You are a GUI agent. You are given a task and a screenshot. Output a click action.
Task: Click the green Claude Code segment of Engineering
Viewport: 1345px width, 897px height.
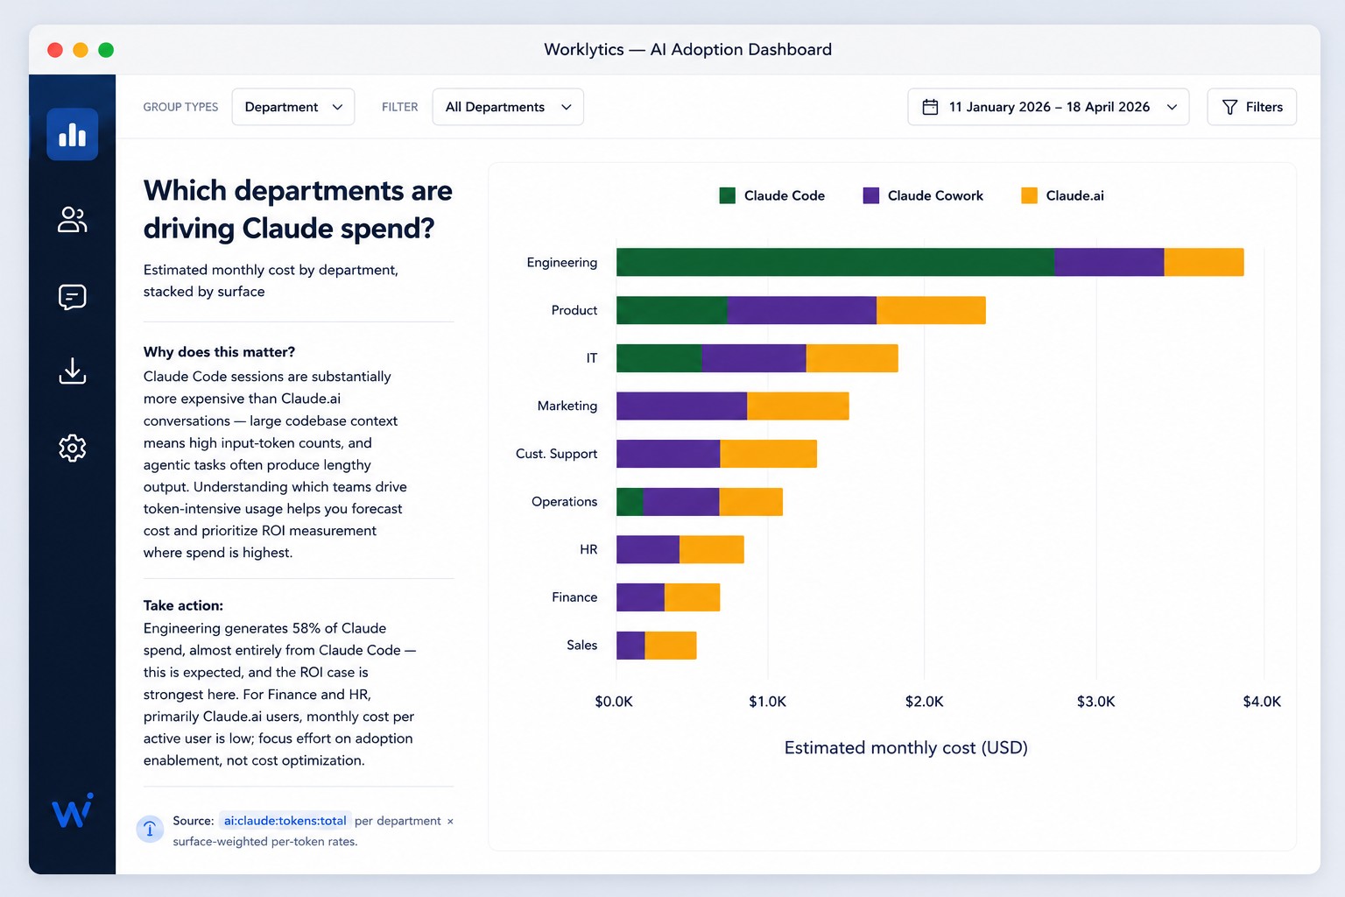(x=835, y=262)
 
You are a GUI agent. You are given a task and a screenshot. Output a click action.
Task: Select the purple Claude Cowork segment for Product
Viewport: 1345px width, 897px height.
(x=801, y=310)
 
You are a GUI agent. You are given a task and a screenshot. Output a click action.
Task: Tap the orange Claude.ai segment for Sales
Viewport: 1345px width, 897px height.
(x=671, y=646)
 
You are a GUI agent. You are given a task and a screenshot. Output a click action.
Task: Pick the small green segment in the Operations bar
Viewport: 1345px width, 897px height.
(x=630, y=502)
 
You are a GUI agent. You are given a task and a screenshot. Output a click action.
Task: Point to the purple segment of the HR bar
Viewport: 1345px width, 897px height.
(x=648, y=549)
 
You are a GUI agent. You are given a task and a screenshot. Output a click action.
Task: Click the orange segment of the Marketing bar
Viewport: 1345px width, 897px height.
(x=798, y=406)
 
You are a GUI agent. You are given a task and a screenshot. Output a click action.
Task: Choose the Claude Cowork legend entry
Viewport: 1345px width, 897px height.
(x=923, y=196)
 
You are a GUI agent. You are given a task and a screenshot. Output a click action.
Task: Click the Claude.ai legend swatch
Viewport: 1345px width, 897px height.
(x=1029, y=196)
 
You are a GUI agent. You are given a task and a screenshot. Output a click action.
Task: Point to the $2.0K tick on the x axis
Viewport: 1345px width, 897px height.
(x=924, y=701)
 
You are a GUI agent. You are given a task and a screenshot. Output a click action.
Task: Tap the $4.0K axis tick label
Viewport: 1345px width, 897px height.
(x=1262, y=701)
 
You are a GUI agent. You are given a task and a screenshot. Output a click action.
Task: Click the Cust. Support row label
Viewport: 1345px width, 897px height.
(x=556, y=454)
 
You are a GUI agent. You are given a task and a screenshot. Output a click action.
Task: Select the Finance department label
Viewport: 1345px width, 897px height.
(x=574, y=597)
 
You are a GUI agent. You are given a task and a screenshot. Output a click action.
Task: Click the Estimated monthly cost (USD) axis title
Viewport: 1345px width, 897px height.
(x=906, y=747)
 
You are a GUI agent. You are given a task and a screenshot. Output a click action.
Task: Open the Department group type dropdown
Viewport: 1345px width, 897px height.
(x=293, y=107)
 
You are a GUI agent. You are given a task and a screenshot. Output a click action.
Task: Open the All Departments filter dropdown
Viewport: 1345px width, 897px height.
(x=508, y=107)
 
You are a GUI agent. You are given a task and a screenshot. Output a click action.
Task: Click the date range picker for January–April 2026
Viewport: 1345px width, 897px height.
(x=1048, y=107)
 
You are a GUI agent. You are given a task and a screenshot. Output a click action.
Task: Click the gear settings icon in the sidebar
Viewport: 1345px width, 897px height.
(x=73, y=448)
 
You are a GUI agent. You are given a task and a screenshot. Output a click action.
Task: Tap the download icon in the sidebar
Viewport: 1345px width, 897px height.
(x=73, y=371)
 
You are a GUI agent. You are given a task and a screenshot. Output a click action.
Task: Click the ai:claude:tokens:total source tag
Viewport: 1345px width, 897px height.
(x=285, y=821)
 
